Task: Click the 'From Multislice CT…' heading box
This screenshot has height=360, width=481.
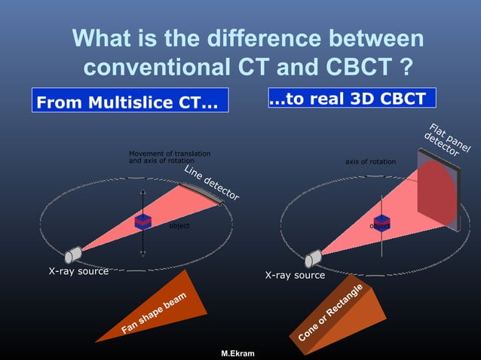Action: pyautogui.click(x=129, y=102)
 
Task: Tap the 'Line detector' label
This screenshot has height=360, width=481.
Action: pyautogui.click(x=211, y=183)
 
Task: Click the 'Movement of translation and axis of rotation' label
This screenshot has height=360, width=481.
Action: pyautogui.click(x=170, y=157)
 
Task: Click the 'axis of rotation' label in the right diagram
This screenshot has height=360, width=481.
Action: pyautogui.click(x=370, y=162)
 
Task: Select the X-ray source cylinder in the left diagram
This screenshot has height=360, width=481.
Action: pyautogui.click(x=74, y=254)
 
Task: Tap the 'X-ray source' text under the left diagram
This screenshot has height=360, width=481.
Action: pyautogui.click(x=78, y=270)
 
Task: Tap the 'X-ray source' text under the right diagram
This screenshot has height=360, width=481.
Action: pyautogui.click(x=295, y=276)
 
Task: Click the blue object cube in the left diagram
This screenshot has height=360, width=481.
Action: pyautogui.click(x=142, y=221)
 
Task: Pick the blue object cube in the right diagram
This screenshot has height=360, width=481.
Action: pyautogui.click(x=382, y=221)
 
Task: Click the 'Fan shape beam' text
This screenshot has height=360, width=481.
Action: pyautogui.click(x=154, y=313)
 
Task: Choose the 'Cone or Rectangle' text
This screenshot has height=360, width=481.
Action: pyautogui.click(x=330, y=312)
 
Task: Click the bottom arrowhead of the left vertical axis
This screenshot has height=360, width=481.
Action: pyautogui.click(x=142, y=254)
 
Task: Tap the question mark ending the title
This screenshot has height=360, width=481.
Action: pyautogui.click(x=406, y=67)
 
